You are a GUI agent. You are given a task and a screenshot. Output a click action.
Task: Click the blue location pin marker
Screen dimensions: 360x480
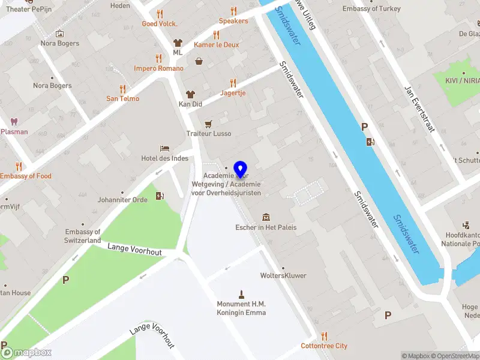coord(241,169)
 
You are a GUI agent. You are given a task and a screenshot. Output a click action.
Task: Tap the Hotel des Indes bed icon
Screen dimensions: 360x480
coord(164,148)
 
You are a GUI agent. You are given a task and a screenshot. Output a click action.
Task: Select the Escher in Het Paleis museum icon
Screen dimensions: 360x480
coord(266,217)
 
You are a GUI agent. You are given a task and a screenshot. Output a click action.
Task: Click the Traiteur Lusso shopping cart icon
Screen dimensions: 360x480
coord(208,124)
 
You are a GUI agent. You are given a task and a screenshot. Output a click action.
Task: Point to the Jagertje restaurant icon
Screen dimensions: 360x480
coord(233,83)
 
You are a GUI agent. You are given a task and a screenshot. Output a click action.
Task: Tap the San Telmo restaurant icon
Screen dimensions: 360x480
coord(122,89)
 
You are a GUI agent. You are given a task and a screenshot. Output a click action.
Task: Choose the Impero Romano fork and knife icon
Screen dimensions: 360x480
coord(158,58)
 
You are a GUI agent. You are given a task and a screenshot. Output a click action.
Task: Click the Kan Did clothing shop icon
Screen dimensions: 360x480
coord(190,94)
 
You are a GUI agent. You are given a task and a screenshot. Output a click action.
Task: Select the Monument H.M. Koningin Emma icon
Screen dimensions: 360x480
coord(241,294)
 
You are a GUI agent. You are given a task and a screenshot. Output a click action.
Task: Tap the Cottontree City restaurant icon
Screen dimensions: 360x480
coord(324,336)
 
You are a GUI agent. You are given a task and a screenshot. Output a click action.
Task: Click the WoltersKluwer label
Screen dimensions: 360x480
coord(283,276)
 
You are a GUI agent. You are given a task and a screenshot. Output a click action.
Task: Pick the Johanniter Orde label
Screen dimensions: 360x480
coord(122,200)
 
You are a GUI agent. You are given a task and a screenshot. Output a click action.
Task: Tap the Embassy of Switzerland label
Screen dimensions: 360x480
coord(83,236)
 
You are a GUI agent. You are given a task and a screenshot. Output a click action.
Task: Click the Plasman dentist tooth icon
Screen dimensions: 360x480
coord(14,121)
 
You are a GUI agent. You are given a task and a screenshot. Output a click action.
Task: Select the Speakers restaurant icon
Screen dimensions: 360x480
coord(233,11)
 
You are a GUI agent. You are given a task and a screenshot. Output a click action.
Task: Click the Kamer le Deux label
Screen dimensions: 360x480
coord(217,45)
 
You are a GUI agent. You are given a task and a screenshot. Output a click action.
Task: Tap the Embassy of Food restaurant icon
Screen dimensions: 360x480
coord(19,166)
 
